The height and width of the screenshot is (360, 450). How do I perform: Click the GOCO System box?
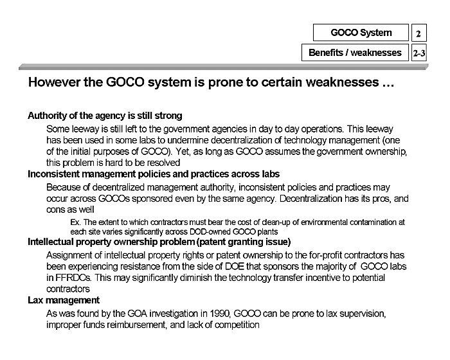point(361,32)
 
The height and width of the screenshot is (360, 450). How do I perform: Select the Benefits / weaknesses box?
point(354,53)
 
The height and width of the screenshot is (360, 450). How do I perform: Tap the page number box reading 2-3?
point(419,53)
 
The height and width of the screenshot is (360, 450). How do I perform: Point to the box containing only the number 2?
point(419,33)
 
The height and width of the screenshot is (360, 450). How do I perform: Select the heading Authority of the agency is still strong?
point(105,116)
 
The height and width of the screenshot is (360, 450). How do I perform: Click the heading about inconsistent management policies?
point(153,174)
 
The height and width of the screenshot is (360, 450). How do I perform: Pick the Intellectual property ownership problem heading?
point(159,242)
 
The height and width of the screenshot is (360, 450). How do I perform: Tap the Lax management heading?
point(63,300)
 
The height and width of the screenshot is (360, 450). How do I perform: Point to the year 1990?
point(214,313)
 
